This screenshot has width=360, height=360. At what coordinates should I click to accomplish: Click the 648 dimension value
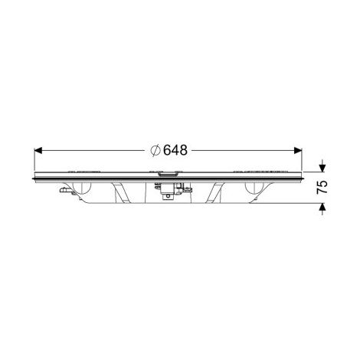point(175,150)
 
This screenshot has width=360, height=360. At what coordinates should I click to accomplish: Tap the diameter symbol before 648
point(155,150)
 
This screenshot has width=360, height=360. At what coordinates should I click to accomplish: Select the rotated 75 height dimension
point(322,187)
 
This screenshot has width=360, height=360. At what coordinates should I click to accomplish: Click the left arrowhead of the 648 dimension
point(38,151)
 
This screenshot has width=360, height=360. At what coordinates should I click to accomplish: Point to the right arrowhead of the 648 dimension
point(298,151)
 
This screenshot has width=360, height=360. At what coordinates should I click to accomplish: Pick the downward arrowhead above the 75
point(322,168)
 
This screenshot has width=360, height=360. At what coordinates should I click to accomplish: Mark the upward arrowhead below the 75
point(322,207)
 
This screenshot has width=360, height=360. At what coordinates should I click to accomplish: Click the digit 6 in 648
point(167,150)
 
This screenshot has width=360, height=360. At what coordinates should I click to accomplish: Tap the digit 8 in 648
point(184,150)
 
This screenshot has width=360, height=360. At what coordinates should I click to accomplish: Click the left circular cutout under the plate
point(81,188)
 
